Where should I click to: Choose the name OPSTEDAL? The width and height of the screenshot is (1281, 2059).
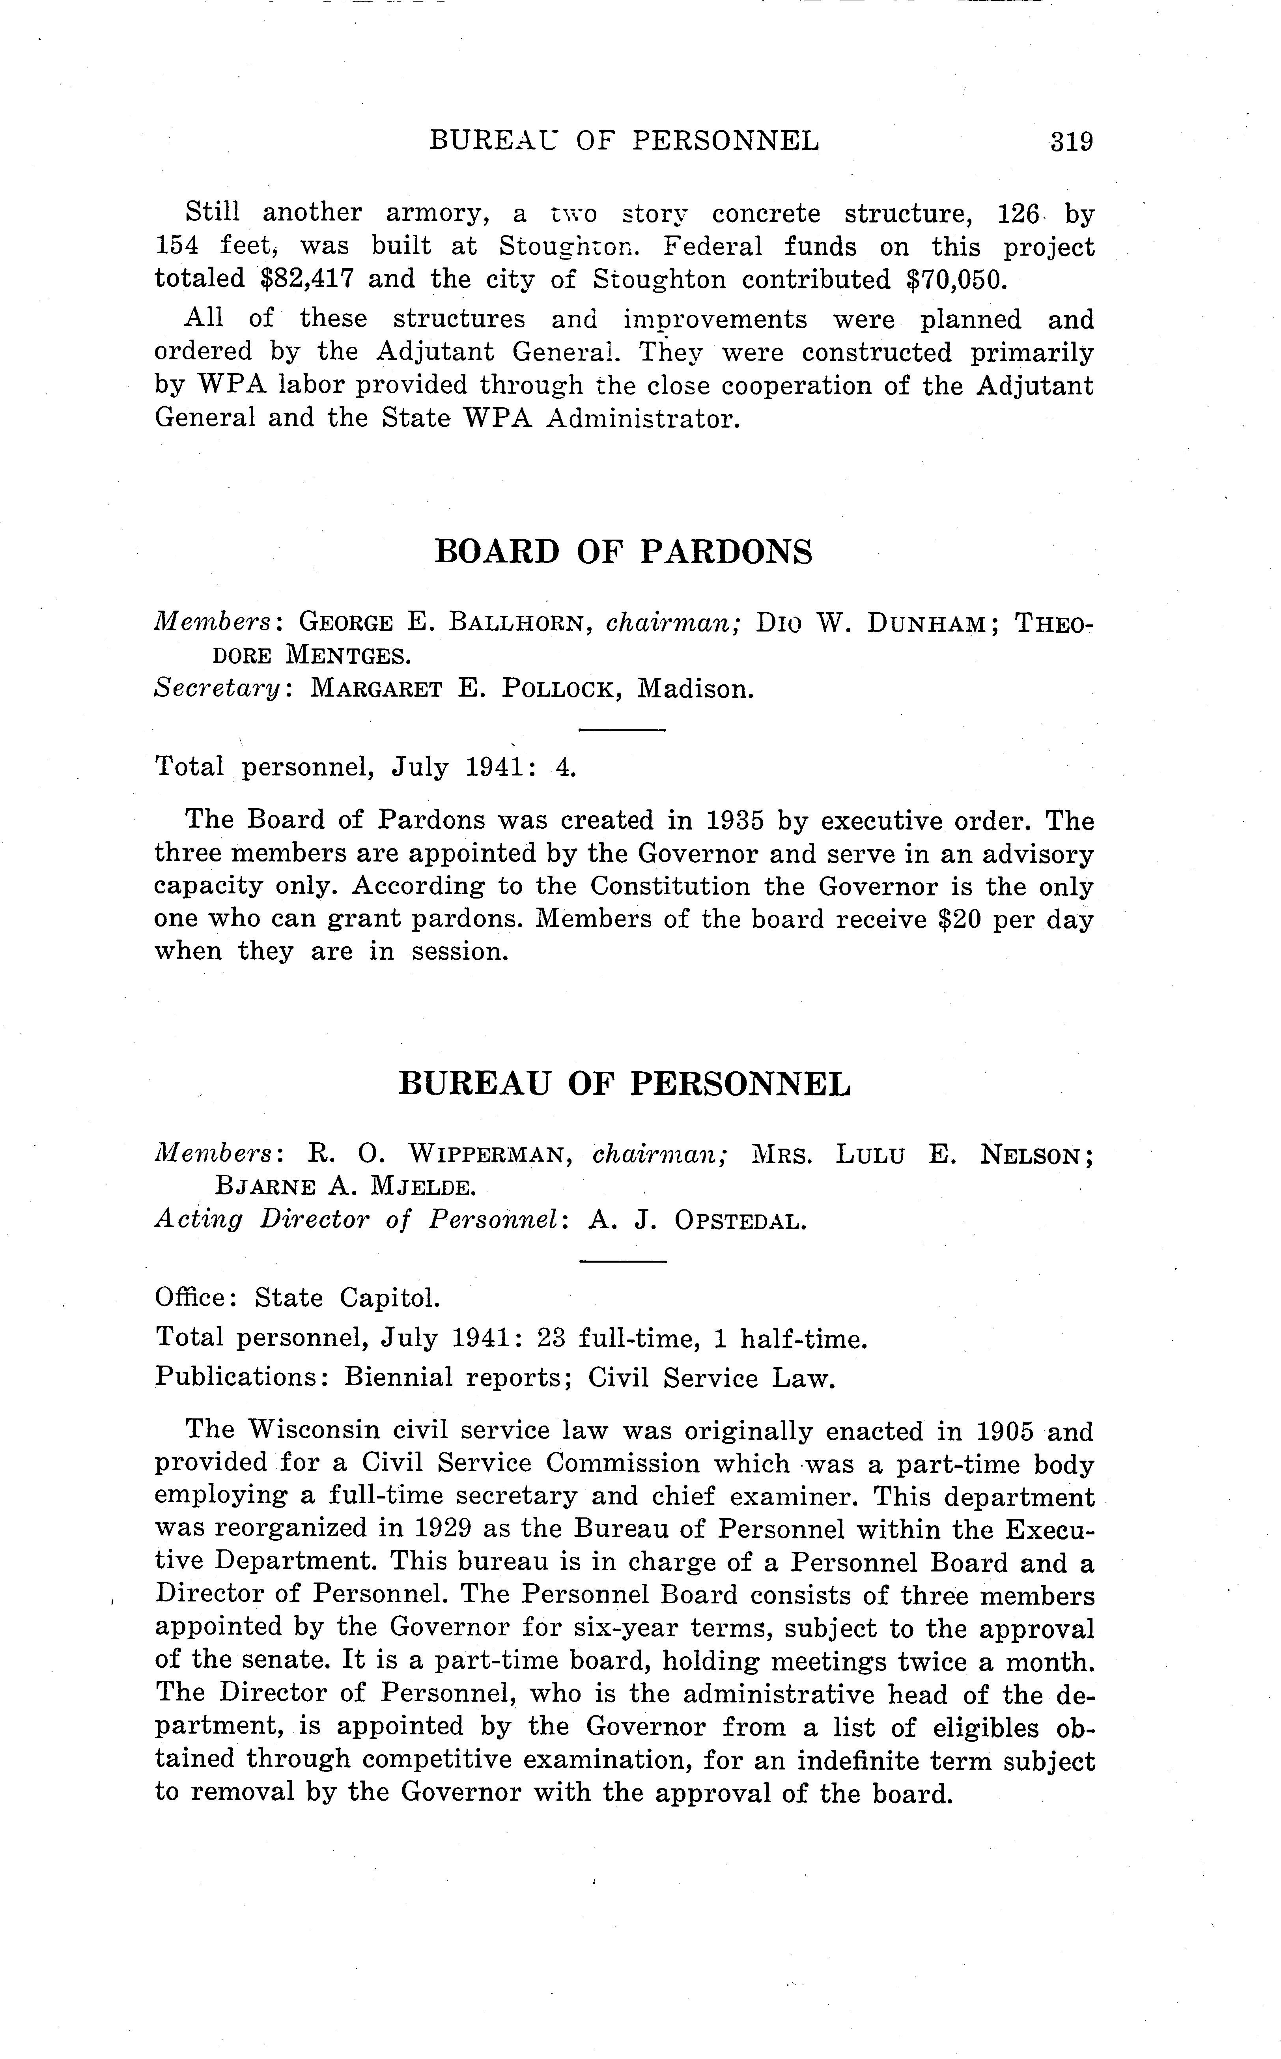(x=739, y=1221)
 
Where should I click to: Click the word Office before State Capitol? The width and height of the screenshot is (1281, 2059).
(x=190, y=1298)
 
